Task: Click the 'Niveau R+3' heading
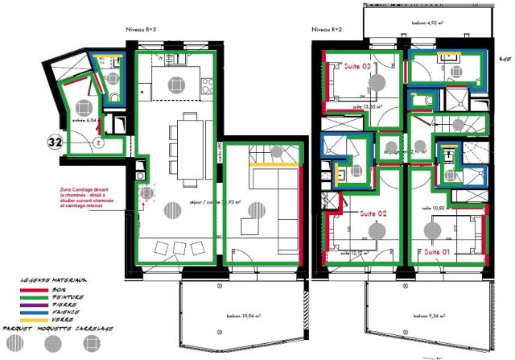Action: tap(142, 29)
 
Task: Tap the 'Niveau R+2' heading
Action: tap(326, 29)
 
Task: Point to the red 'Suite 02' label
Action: tap(372, 214)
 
